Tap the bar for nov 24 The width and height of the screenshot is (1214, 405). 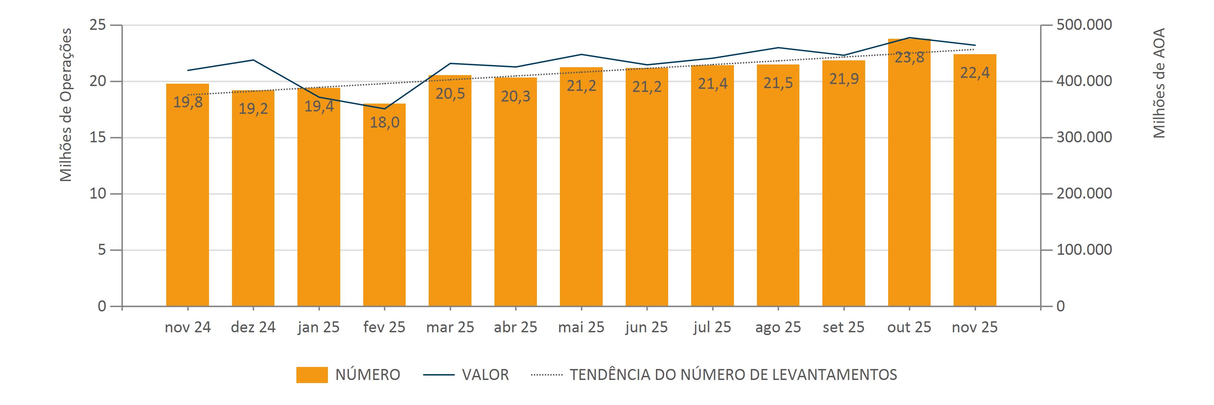(x=187, y=198)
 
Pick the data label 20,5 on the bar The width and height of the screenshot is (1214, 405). (x=450, y=93)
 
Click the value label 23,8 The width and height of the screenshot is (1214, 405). (x=909, y=58)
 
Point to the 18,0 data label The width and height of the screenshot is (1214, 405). (x=384, y=122)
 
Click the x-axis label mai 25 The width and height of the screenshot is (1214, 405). (x=581, y=327)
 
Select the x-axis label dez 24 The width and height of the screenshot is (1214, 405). (x=253, y=327)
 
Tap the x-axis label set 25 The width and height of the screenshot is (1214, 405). (x=843, y=327)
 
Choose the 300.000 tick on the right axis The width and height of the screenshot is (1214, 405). (x=1084, y=138)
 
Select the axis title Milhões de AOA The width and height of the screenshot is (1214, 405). (x=1159, y=83)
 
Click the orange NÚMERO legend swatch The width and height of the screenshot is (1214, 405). (x=311, y=375)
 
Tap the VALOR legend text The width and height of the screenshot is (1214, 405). (x=485, y=375)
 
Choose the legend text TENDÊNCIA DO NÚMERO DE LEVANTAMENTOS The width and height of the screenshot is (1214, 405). (x=733, y=375)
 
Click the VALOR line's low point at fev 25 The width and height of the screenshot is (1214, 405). (x=384, y=109)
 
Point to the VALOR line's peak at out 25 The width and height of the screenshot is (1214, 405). (x=909, y=37)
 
